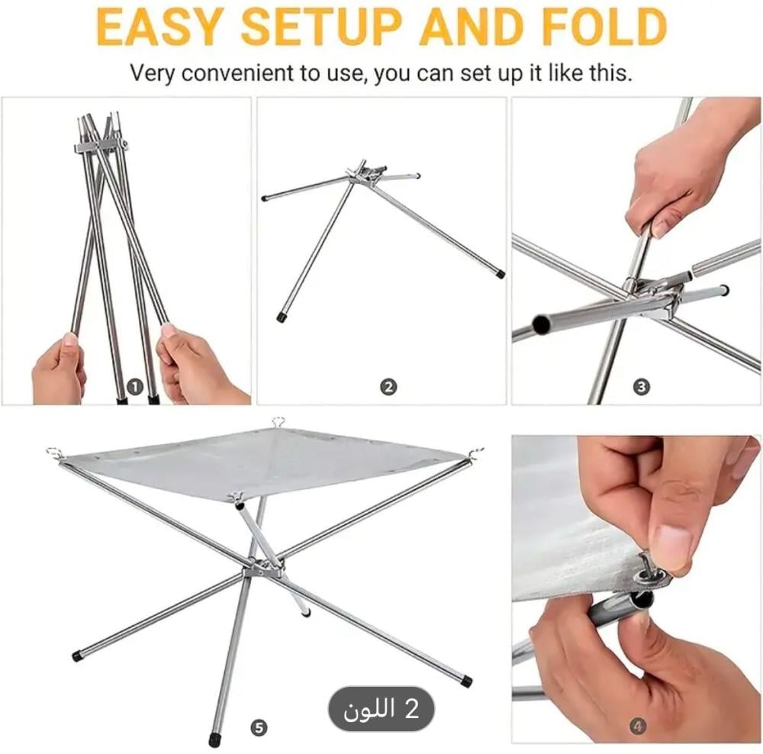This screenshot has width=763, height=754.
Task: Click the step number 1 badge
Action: coord(135,387)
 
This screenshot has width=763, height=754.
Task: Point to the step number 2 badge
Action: coord(388,387)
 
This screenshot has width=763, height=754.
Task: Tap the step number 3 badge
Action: coord(642,387)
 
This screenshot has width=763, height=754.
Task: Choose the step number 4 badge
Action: coord(639,727)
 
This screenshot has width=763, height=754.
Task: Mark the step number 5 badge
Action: coord(259,728)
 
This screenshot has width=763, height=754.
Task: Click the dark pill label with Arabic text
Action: coord(381,708)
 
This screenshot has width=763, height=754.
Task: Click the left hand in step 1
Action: coord(60,368)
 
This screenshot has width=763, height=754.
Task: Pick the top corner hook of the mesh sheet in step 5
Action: coord(278,421)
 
